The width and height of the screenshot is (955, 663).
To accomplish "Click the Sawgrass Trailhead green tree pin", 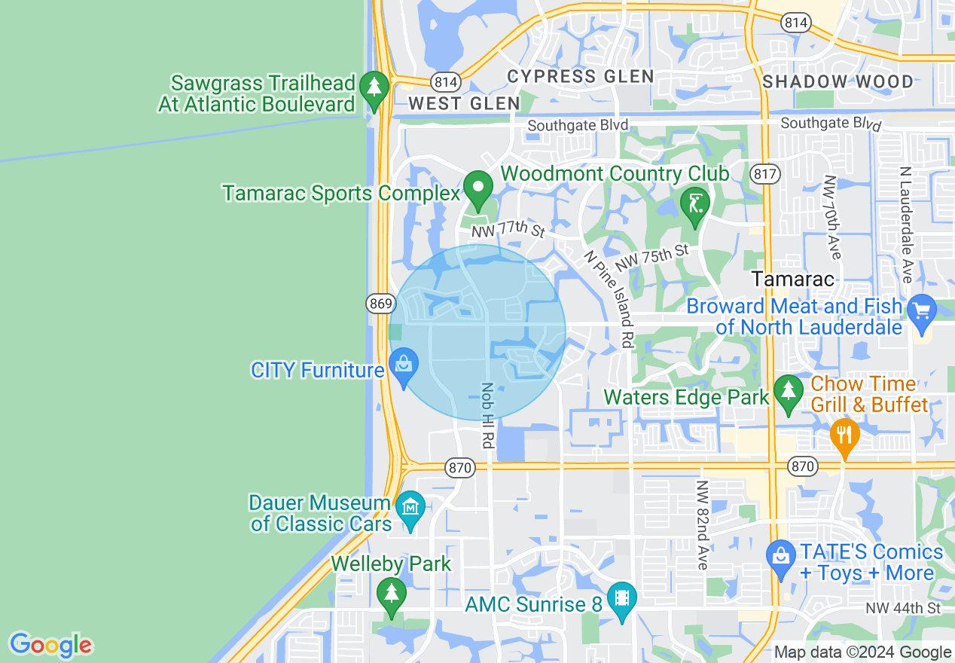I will click(x=374, y=87).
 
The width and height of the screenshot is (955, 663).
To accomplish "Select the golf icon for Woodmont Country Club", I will click(x=694, y=203).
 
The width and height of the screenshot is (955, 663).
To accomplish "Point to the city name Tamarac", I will click(x=793, y=280).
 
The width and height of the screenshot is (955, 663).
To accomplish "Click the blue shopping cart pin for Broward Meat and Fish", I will click(x=920, y=310).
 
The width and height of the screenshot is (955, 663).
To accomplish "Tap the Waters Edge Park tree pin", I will click(x=789, y=393).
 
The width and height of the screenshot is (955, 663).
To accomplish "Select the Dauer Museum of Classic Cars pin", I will click(x=410, y=508).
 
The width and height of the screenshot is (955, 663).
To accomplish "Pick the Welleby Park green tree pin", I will click(x=391, y=594).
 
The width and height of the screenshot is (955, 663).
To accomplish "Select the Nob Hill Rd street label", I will click(x=487, y=415).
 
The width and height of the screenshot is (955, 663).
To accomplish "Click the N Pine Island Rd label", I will click(x=611, y=298).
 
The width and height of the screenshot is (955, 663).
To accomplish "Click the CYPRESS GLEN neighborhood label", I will click(x=580, y=76).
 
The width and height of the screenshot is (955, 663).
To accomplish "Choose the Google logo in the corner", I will click(x=50, y=645).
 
